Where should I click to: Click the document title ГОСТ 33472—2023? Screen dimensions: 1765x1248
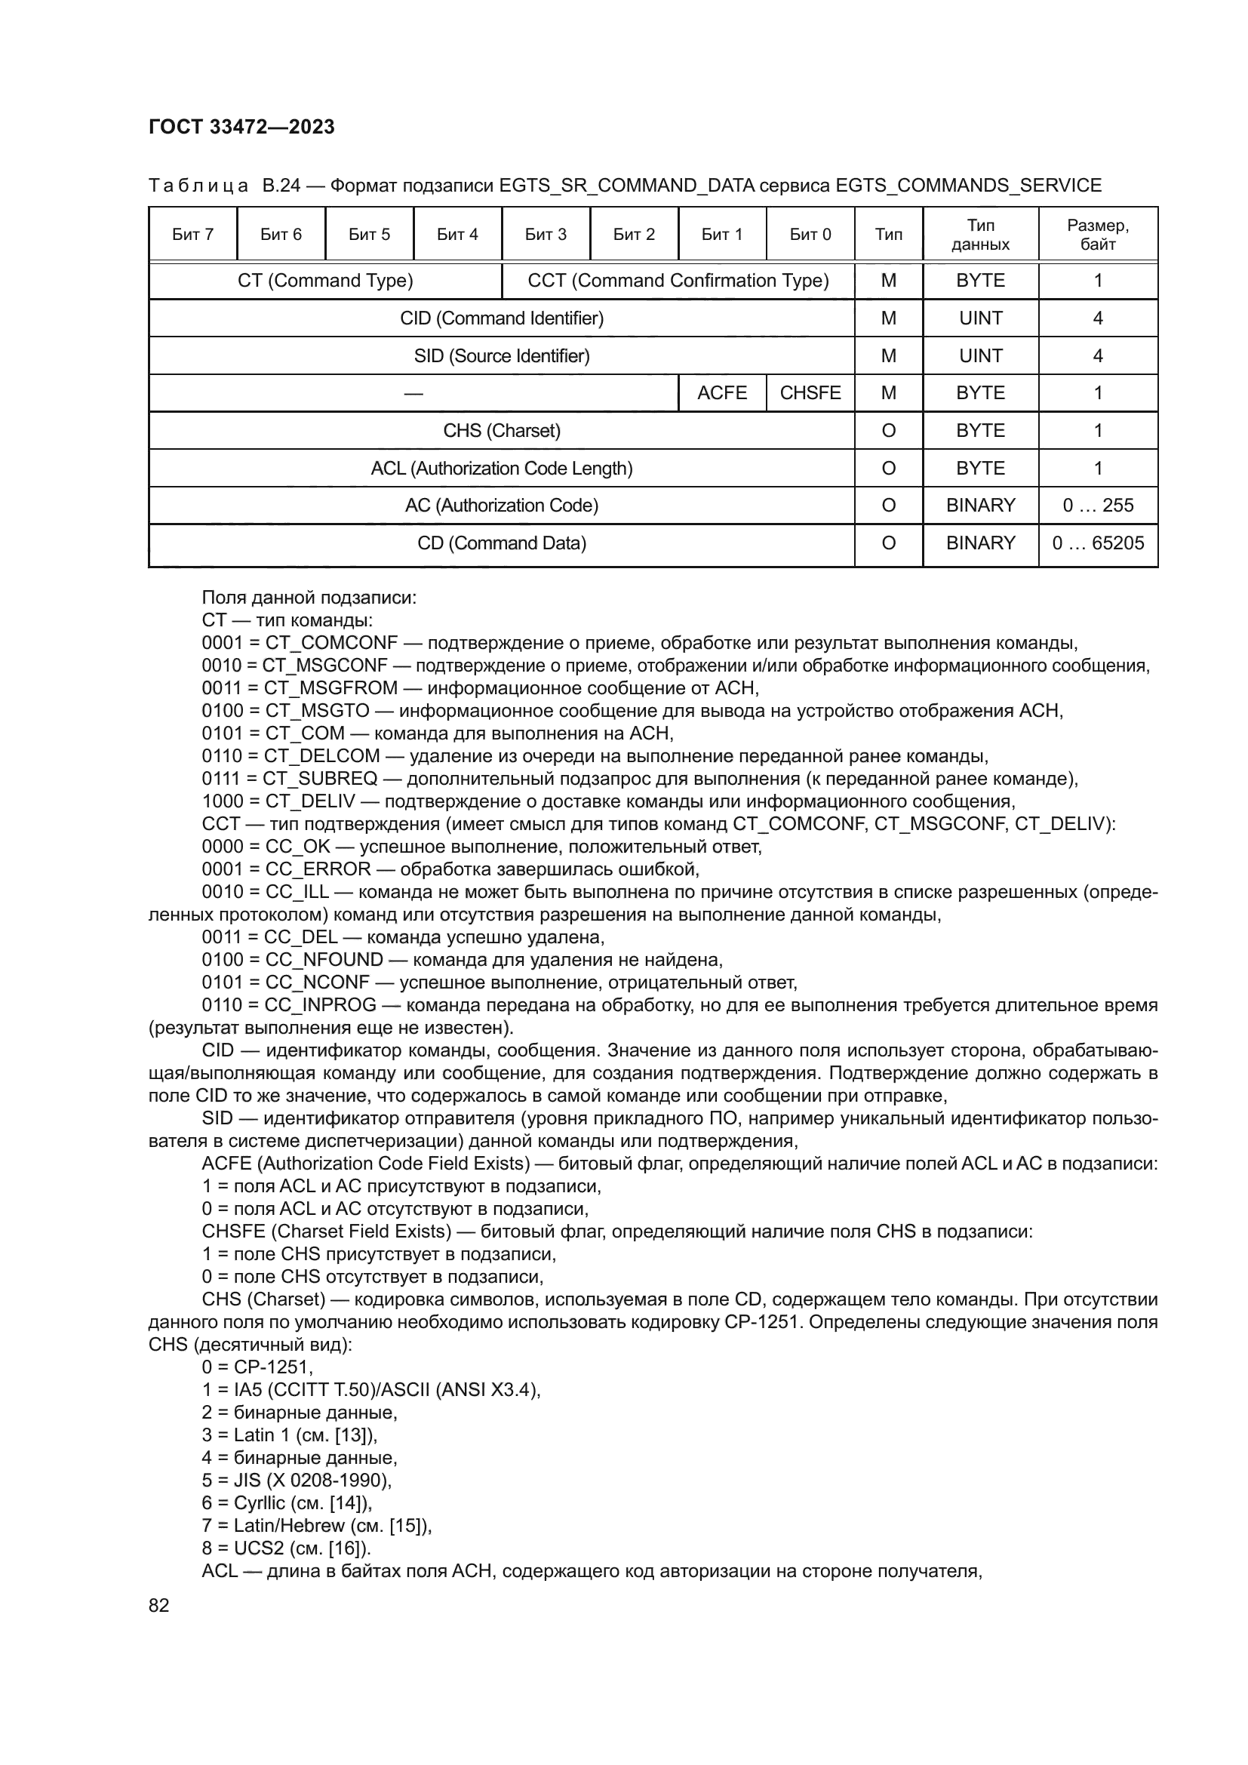pyautogui.click(x=241, y=127)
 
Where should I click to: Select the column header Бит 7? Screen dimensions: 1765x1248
pyautogui.click(x=193, y=235)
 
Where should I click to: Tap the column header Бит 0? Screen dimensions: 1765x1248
pyautogui.click(x=810, y=235)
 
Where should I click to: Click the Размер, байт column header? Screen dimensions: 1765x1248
pyautogui.click(x=1097, y=235)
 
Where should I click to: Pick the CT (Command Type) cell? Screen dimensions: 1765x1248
pyautogui.click(x=325, y=281)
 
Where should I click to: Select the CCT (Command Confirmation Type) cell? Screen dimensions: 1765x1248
pyautogui.click(x=678, y=281)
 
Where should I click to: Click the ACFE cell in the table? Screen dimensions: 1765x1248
pyautogui.click(x=721, y=393)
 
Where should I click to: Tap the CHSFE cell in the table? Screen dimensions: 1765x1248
pyautogui.click(x=810, y=393)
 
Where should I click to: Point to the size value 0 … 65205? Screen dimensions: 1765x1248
pyautogui.click(x=1097, y=543)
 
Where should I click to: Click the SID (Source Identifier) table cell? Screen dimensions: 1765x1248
pyautogui.click(x=501, y=356)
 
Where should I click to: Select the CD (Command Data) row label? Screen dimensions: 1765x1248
pyautogui.click(x=501, y=543)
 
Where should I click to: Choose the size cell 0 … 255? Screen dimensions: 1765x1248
pyautogui.click(x=1097, y=506)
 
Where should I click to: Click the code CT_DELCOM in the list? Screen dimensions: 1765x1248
pyautogui.click(x=322, y=756)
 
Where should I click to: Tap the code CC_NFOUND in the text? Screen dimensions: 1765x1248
pyautogui.click(x=324, y=960)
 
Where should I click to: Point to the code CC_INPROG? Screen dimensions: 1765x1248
pyautogui.click(x=321, y=1005)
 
